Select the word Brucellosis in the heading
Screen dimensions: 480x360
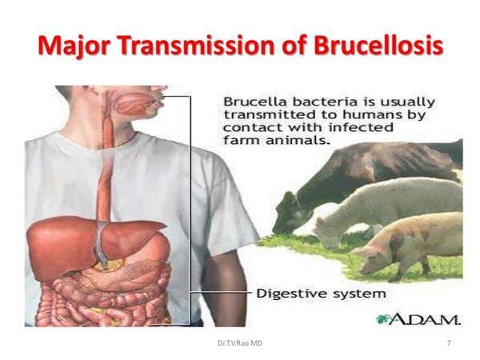(378, 46)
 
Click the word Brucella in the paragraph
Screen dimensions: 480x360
(253, 102)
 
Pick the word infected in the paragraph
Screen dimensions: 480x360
(361, 128)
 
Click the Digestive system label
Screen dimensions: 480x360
(321, 294)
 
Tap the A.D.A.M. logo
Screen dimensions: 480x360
(418, 319)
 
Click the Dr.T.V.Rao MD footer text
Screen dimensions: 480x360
(240, 343)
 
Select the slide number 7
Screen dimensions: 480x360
(449, 343)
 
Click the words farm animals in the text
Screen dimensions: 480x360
(278, 141)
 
